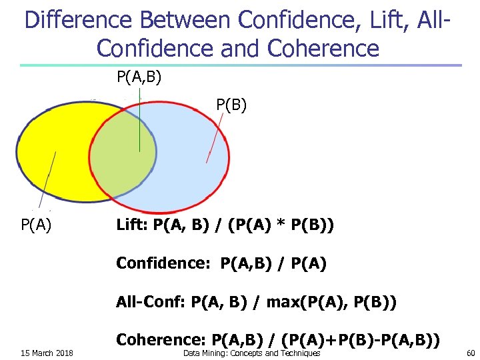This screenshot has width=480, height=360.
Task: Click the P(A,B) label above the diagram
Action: [139, 77]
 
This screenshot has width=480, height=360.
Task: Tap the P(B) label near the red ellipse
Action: [231, 105]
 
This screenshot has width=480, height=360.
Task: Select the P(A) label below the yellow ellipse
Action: [37, 224]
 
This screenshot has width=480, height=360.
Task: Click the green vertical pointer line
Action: [139, 127]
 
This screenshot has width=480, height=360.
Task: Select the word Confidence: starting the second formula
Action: [159, 263]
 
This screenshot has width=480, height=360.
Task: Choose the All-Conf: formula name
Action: [151, 302]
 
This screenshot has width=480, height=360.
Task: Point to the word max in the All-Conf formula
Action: [282, 302]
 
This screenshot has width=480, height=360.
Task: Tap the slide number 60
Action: [470, 353]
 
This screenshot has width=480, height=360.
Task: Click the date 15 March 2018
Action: [47, 353]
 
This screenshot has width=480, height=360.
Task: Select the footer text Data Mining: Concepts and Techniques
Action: [251, 353]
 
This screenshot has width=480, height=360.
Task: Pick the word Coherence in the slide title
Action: [323, 48]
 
